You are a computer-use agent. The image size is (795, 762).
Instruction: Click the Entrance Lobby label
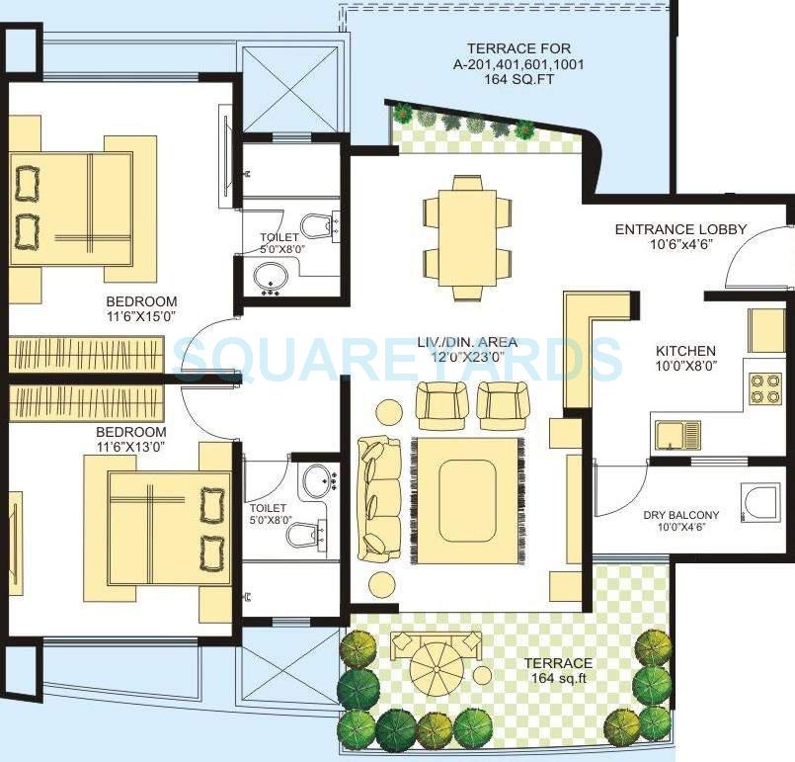click(x=680, y=229)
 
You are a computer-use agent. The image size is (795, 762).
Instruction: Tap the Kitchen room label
click(x=685, y=351)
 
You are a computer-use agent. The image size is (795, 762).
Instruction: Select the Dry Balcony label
click(x=680, y=515)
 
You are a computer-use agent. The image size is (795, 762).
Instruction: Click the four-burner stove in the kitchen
click(x=764, y=387)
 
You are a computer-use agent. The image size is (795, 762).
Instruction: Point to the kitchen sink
click(x=676, y=433)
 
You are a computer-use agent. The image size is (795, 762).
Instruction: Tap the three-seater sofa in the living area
click(x=379, y=498)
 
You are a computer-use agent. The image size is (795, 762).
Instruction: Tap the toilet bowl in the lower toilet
click(x=303, y=535)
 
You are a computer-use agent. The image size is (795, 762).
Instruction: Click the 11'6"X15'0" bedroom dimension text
click(x=143, y=318)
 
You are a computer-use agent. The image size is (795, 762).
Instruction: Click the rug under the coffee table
click(x=467, y=503)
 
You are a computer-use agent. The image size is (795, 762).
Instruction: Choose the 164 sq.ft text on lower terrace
click(x=559, y=678)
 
